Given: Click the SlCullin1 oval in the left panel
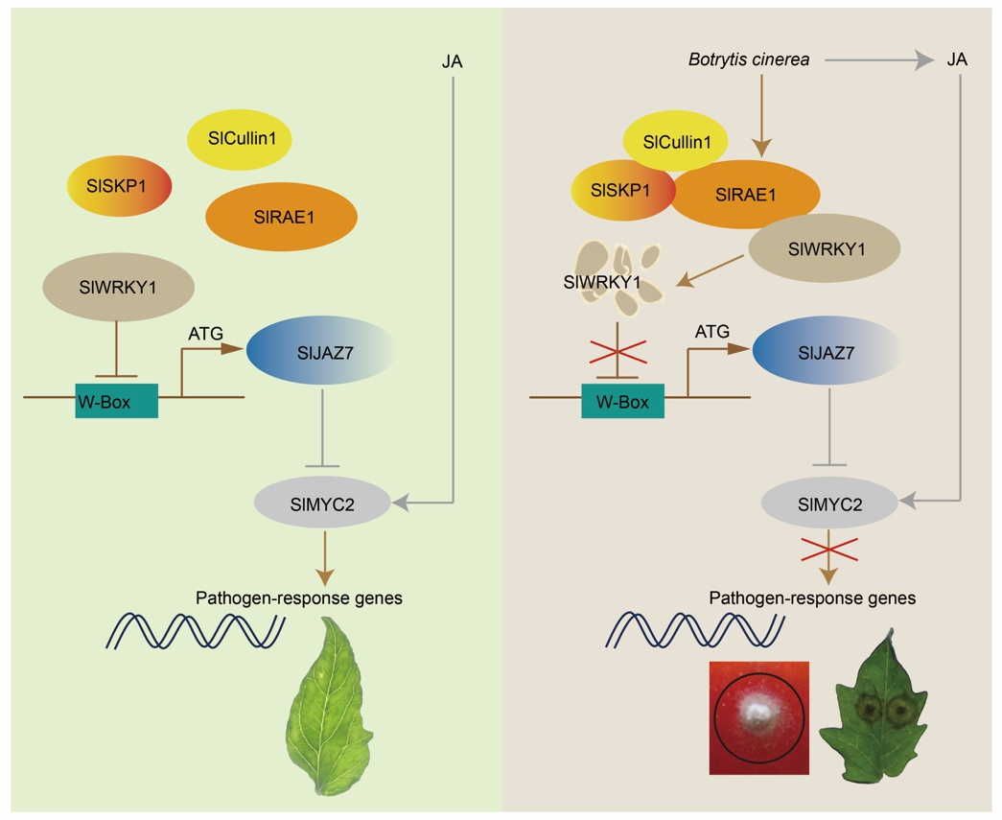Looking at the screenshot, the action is (240, 139).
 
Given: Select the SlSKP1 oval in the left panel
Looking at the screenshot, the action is (120, 186).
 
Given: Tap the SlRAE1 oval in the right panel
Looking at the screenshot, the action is (744, 195).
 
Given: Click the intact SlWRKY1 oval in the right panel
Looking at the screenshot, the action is (825, 248).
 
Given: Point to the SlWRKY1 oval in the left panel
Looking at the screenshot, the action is (118, 287).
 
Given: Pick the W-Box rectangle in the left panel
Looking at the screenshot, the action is (117, 401).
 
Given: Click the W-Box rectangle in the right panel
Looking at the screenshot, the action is (623, 401).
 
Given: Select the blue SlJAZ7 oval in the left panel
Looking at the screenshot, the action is (321, 350).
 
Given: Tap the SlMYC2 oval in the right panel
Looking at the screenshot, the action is (829, 504).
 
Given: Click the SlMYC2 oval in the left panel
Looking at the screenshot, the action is (323, 504).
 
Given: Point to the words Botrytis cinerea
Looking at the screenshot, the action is (749, 59).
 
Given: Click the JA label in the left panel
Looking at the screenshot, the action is (452, 61).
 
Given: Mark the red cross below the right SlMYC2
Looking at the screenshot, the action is (828, 549).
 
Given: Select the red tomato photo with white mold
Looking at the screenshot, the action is (759, 717).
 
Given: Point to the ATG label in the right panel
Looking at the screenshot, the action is (711, 332).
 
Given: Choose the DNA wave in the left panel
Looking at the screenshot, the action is (196, 631).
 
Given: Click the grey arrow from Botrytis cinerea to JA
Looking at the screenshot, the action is (879, 60).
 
